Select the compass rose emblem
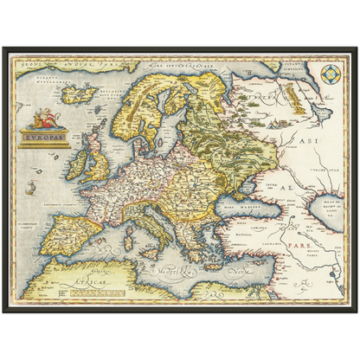click(330, 74)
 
